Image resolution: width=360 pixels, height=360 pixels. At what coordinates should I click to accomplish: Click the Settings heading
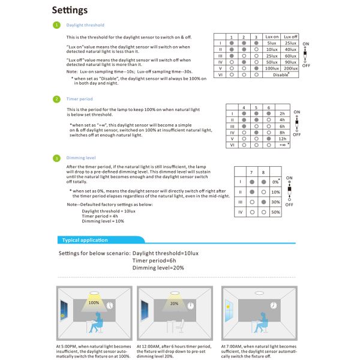pos(70,10)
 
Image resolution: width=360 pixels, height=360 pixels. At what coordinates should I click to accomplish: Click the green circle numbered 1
pos(56,25)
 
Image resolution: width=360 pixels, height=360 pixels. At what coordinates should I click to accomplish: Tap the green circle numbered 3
pos(56,158)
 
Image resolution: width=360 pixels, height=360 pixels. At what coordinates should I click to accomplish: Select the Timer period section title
pos(80,99)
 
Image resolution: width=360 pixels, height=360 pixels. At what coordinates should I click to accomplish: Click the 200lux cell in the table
pos(290,68)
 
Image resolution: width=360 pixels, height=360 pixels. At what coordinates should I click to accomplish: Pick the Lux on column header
pos(272,37)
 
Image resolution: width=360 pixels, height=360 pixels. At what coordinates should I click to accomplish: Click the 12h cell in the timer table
pos(282,139)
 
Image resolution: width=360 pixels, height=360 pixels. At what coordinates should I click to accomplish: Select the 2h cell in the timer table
pos(282,113)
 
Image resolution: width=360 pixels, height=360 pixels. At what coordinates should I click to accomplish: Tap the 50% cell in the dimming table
pos(275,212)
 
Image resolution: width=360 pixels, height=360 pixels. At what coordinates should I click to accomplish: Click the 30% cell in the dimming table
pos(275,202)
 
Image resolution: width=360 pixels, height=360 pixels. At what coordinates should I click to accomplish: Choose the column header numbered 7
pos(253,172)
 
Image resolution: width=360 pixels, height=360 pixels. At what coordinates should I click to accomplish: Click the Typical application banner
pos(86,240)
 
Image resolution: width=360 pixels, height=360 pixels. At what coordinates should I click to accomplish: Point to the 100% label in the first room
pos(94,303)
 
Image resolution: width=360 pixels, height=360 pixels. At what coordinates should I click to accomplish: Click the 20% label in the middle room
pos(174,303)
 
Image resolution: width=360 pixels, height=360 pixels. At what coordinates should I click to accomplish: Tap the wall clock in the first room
pos(110,305)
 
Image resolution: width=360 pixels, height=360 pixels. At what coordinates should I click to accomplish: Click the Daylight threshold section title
pos(85,25)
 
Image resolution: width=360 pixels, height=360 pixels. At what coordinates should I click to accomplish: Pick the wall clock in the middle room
pos(190,305)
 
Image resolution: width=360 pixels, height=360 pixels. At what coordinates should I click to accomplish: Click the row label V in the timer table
pos(232,139)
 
